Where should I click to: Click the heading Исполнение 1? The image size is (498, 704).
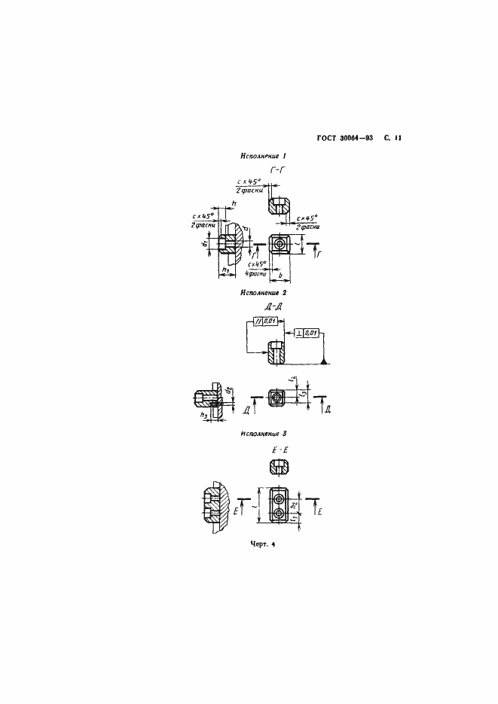tap(264, 157)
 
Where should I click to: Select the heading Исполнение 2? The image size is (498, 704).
tap(264, 291)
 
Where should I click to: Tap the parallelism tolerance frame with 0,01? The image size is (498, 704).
tap(268, 322)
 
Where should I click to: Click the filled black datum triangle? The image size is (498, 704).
tap(324, 364)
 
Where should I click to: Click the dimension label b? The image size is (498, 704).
tap(280, 278)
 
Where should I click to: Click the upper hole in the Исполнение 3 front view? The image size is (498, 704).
tap(280, 498)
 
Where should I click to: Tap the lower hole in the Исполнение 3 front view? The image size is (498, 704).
tap(280, 514)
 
